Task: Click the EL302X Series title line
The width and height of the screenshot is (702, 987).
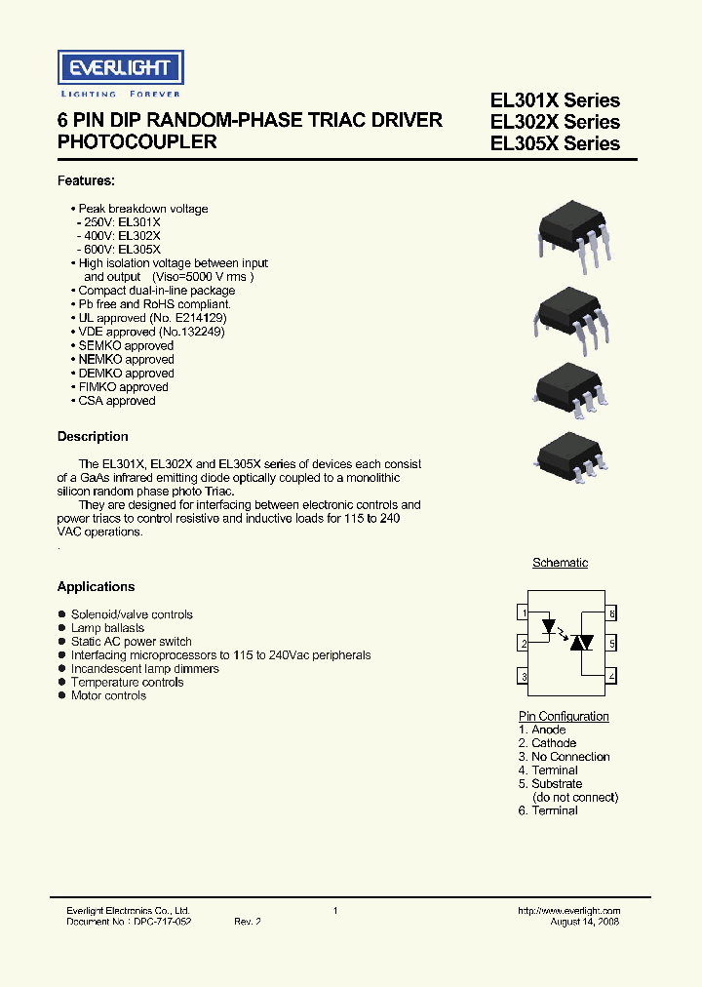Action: (x=555, y=122)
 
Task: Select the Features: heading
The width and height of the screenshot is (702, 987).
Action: (x=86, y=181)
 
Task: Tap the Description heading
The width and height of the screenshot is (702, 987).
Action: (x=93, y=437)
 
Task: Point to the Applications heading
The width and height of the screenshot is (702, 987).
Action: (x=96, y=587)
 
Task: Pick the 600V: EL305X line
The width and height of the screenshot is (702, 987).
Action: (x=119, y=250)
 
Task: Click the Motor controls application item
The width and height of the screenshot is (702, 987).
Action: (x=108, y=696)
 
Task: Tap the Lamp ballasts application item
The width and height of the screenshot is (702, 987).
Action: (x=107, y=628)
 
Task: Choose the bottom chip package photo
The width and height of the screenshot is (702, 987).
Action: (x=574, y=454)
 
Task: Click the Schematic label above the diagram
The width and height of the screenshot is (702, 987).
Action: (x=560, y=563)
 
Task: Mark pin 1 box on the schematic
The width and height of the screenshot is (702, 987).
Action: (x=524, y=612)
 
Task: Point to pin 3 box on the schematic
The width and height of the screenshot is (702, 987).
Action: (x=524, y=677)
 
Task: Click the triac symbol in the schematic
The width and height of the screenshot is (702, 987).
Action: (x=581, y=642)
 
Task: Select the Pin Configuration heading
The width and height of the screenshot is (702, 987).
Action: (x=564, y=717)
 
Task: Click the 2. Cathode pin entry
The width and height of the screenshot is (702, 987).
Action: (x=547, y=743)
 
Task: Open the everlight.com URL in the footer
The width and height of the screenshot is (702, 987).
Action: (x=569, y=910)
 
